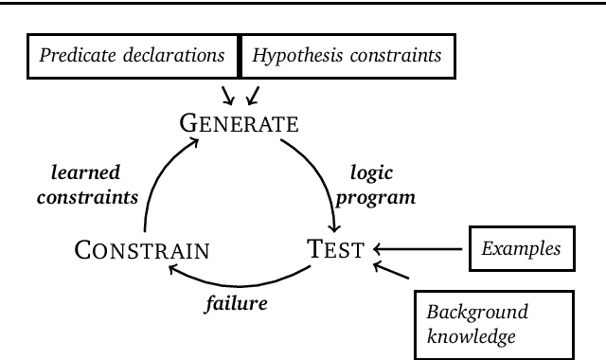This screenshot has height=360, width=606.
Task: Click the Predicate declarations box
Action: tap(133, 56)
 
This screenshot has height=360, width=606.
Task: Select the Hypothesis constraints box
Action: tap(347, 56)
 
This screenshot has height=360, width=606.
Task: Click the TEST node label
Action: tap(335, 250)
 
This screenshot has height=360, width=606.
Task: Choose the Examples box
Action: tap(520, 250)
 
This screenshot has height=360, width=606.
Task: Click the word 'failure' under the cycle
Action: tap(237, 304)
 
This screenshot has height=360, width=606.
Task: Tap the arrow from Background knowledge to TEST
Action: tap(393, 272)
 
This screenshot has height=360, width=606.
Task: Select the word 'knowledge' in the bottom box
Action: tap(471, 334)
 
